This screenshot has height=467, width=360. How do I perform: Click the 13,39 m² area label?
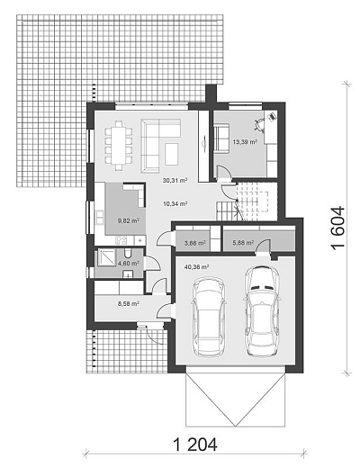[245, 142]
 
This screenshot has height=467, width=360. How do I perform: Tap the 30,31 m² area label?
[175, 180]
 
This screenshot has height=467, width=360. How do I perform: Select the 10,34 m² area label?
[175, 204]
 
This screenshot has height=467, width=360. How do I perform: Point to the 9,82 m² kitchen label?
[129, 221]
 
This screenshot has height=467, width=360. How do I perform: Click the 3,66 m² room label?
[195, 243]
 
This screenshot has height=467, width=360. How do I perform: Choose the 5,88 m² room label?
[243, 242]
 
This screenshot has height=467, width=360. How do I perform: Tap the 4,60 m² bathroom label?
[129, 264]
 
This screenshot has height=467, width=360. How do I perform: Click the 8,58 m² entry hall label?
[129, 303]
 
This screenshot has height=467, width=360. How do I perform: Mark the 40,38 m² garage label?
[196, 266]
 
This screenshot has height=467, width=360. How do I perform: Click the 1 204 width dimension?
[195, 445]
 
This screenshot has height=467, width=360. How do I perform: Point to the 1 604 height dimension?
[338, 227]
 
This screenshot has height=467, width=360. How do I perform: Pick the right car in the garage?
[262, 311]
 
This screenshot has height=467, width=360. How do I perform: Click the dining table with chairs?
[119, 145]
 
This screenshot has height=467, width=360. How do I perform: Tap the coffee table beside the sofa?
[172, 154]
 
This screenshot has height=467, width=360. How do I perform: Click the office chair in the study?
[259, 124]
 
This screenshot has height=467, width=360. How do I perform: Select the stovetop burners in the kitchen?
[121, 239]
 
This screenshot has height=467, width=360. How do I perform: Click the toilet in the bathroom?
[128, 254]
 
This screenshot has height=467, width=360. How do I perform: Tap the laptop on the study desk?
[272, 116]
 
